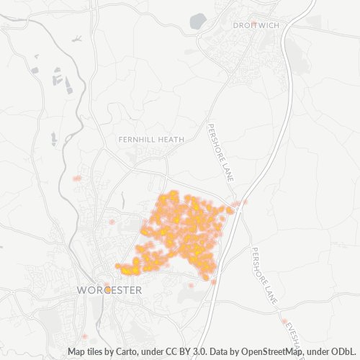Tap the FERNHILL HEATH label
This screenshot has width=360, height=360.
(x=153, y=139)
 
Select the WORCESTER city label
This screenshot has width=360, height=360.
(x=109, y=289)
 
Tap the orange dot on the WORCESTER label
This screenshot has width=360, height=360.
(x=107, y=289)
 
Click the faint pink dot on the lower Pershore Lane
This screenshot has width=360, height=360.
(x=284, y=321)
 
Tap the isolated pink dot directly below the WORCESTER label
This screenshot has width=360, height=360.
(x=85, y=336)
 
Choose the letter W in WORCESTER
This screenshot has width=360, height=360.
(x=81, y=289)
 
